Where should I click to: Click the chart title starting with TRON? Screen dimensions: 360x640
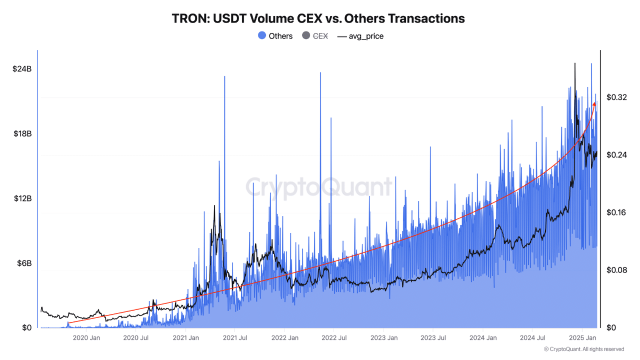318,18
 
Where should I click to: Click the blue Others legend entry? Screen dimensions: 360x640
275,36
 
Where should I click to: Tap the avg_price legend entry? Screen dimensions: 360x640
360,36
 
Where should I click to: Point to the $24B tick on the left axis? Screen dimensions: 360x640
22,69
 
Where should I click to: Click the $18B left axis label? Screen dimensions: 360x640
22,134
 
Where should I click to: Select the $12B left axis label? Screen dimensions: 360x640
22,198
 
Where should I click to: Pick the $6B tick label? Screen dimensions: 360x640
23,263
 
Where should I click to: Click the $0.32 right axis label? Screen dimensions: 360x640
616,97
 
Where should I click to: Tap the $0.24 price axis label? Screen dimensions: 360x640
616,155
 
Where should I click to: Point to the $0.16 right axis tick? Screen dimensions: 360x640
616,212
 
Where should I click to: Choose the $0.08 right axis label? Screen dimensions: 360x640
616,270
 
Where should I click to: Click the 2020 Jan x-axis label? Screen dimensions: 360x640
87,338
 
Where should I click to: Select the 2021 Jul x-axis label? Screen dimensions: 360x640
235,338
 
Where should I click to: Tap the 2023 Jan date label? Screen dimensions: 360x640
384,338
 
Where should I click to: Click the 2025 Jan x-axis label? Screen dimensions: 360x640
582,338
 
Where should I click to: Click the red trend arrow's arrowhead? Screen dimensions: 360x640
594,103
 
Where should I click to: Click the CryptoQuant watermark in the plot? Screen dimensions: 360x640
319,187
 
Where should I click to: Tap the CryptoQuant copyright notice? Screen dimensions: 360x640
583,349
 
